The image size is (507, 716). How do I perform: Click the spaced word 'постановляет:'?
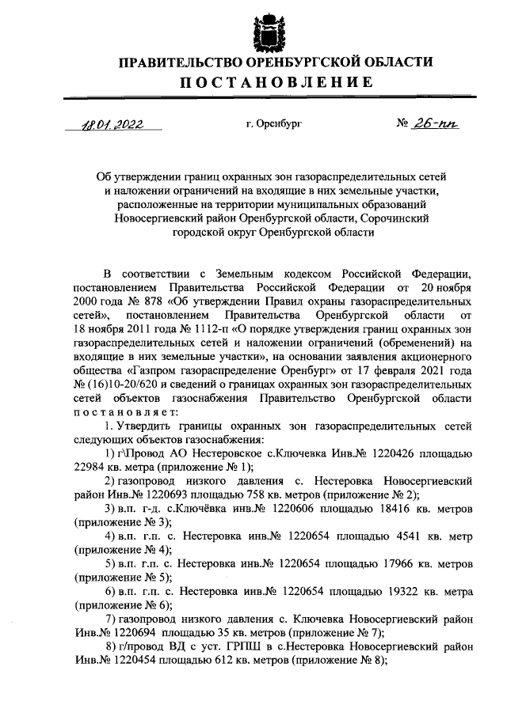(116, 411)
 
